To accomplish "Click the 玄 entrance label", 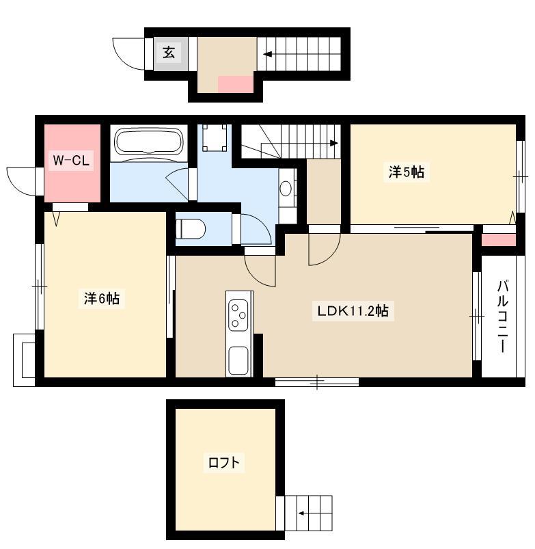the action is click(x=169, y=53).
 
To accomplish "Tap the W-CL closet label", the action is click(x=71, y=161).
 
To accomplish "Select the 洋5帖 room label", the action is click(x=407, y=172).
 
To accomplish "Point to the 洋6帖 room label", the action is click(x=102, y=298).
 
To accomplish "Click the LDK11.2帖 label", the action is click(x=353, y=310).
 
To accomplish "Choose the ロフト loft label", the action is click(x=224, y=463).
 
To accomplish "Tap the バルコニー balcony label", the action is click(x=502, y=316).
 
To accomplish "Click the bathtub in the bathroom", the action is click(x=149, y=142).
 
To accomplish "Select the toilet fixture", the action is click(x=190, y=229).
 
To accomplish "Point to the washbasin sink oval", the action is click(x=286, y=189).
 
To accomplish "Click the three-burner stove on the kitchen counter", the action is click(x=238, y=315).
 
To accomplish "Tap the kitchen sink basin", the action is click(x=238, y=360).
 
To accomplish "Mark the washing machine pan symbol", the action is click(x=215, y=137).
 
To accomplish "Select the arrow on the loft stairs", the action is click(x=315, y=513).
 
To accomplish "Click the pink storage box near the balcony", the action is click(x=499, y=240).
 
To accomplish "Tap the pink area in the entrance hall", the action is click(x=236, y=84).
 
